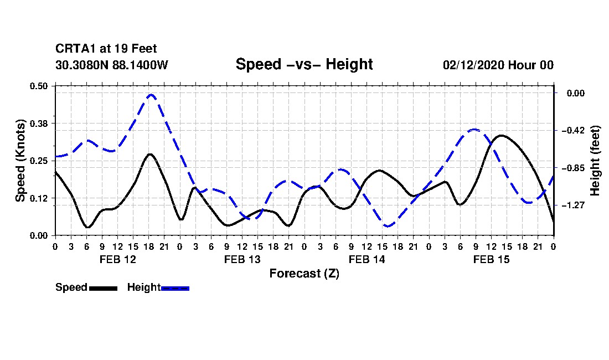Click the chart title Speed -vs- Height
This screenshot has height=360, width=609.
(x=304, y=64)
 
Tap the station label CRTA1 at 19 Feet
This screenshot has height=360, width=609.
(x=106, y=49)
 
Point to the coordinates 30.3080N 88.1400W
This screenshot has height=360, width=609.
(x=111, y=65)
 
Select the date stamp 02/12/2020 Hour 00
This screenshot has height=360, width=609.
(x=498, y=65)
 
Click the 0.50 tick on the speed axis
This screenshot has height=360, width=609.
(x=38, y=86)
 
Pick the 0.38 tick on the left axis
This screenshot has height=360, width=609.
(x=38, y=124)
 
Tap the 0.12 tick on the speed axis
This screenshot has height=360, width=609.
(x=38, y=198)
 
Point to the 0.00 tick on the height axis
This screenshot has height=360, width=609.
(x=576, y=93)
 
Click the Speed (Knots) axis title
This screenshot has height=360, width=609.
(x=20, y=161)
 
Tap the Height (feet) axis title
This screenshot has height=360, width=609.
(x=595, y=161)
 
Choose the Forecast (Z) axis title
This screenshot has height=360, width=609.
(x=304, y=274)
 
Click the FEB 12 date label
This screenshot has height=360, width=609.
(x=118, y=259)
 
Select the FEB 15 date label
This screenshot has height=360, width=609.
(x=491, y=259)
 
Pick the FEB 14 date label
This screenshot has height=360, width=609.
(x=367, y=259)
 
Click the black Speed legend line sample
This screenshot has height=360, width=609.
(x=104, y=289)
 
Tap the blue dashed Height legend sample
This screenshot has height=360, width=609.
(x=175, y=289)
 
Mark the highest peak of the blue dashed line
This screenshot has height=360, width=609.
(x=151, y=94)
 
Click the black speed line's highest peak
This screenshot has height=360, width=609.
(x=501, y=136)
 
